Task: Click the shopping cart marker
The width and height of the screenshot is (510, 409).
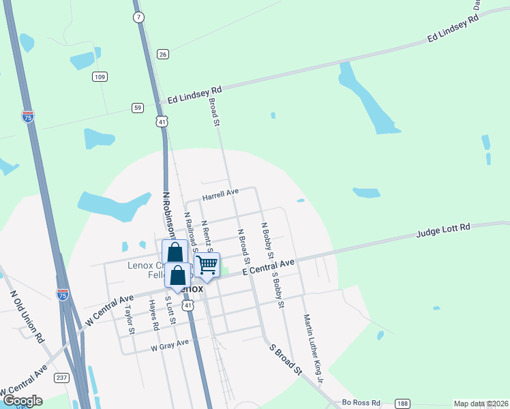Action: (207, 264)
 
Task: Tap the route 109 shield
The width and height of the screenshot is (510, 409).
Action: (100, 77)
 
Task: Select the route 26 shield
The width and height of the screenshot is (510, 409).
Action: (162, 54)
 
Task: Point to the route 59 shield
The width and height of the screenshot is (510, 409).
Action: (138, 108)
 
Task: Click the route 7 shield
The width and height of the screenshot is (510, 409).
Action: (138, 16)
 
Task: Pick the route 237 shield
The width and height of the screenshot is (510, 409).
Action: (62, 378)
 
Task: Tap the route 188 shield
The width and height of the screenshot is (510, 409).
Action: (403, 403)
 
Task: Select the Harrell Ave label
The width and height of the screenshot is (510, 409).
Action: (220, 194)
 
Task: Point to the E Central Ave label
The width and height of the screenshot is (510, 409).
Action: (268, 267)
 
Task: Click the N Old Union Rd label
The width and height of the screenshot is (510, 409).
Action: (27, 317)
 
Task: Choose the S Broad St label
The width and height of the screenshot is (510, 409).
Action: (285, 359)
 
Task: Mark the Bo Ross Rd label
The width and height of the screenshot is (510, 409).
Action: (361, 403)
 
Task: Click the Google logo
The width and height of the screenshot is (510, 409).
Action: (22, 401)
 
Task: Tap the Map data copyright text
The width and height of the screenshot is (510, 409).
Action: (481, 404)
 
